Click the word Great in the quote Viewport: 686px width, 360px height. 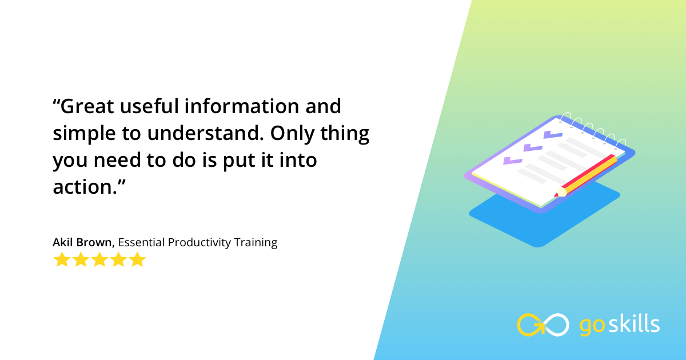coord(90,106)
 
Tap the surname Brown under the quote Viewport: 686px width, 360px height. coord(97,242)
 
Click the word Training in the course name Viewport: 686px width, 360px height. coord(256,242)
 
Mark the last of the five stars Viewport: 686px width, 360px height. coord(138,260)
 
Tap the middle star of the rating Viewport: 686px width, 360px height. coord(99,260)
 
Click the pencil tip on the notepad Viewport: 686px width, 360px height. coord(557,194)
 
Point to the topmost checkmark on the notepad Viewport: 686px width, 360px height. coord(553,135)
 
